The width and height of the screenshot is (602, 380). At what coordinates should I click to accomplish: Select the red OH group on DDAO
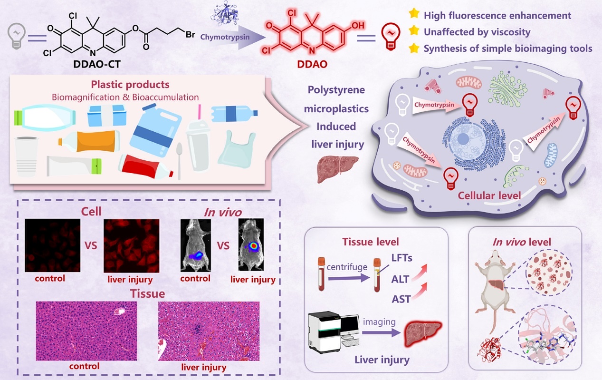pyautogui.click(x=358, y=24)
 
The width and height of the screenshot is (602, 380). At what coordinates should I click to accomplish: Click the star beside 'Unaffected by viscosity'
pyautogui.click(x=414, y=32)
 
